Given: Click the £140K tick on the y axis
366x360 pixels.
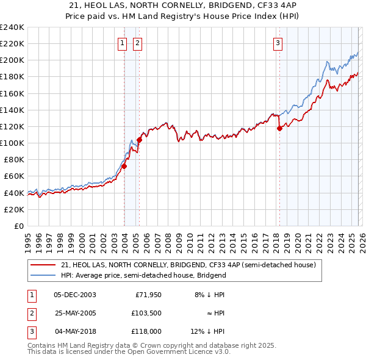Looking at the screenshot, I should pyautogui.click(x=12, y=110).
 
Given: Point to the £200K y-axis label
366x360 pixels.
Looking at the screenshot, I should pyautogui.click(x=12, y=60).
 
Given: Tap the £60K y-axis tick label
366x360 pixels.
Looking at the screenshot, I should pyautogui.click(x=14, y=176).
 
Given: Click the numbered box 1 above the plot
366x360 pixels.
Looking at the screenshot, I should pyautogui.click(x=123, y=43).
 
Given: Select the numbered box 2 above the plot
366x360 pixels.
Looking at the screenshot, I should pyautogui.click(x=137, y=43).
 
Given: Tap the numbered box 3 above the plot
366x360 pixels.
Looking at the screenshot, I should pyautogui.click(x=278, y=43).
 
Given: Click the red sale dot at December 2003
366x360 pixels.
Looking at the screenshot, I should pyautogui.click(x=124, y=166).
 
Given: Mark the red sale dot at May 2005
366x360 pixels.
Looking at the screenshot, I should pyautogui.click(x=140, y=140).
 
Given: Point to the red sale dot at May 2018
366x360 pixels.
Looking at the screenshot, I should pyautogui.click(x=279, y=128).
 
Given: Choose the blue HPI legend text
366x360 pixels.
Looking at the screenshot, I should pyautogui.click(x=143, y=275).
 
